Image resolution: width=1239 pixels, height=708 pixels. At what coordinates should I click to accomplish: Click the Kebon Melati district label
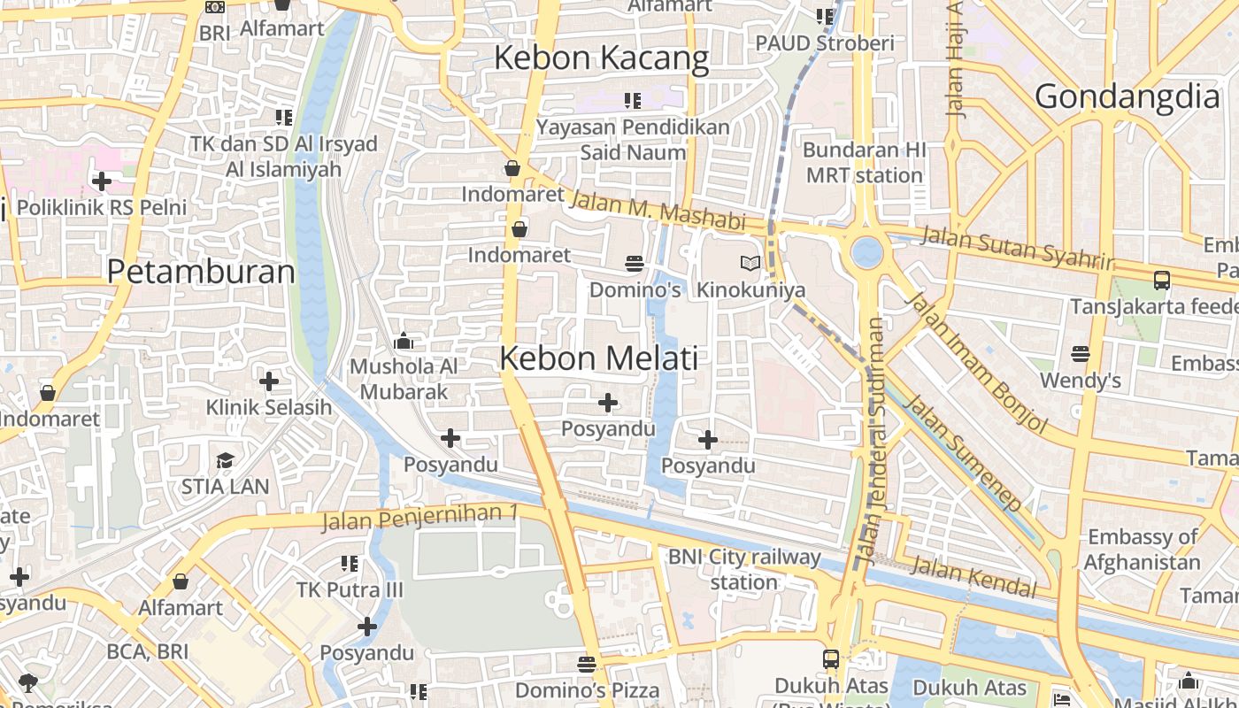point(599,358)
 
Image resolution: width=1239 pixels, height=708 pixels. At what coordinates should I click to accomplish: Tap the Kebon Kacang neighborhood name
point(601,58)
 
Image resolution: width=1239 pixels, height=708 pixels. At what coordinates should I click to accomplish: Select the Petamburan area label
point(201,272)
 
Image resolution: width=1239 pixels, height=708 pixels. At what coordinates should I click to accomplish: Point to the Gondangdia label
point(1127,96)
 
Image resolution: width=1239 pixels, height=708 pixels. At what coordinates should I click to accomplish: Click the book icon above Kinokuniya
point(750,263)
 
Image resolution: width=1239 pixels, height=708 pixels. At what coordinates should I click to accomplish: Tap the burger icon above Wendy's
point(1080,354)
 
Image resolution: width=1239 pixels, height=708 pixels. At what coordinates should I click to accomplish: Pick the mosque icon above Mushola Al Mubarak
point(404,341)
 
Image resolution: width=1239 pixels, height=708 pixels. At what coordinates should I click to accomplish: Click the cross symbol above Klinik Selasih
point(269,381)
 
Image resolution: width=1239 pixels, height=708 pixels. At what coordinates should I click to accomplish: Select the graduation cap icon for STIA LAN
point(225,460)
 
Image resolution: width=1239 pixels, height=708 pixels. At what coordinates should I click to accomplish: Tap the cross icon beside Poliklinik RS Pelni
point(102,181)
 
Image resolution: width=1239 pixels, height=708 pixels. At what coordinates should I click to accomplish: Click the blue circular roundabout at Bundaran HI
point(866,252)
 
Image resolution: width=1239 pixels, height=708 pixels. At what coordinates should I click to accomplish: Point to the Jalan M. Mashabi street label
point(658,211)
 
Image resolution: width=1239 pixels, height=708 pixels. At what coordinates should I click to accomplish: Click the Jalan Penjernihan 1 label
point(419,517)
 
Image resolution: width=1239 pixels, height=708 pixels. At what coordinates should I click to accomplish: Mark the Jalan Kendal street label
point(973,576)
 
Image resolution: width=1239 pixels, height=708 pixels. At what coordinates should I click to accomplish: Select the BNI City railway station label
point(744,569)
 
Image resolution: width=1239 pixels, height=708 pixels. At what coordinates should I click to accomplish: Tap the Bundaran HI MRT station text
point(864,163)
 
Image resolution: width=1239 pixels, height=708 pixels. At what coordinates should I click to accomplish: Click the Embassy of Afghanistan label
point(1142,550)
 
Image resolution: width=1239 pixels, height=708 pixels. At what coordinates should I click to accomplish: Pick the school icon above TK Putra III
point(350,564)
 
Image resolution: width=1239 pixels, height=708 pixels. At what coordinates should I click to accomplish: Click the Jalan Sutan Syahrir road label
point(1018,248)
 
